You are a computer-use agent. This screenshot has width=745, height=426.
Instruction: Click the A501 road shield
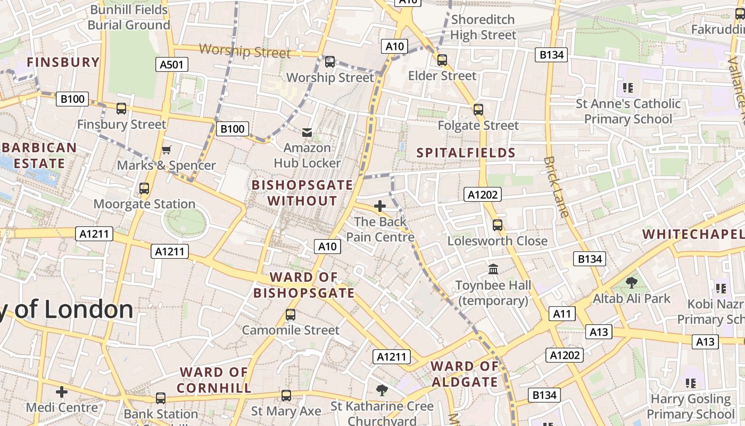(172, 65)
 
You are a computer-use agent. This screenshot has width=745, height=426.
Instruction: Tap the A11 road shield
(562, 314)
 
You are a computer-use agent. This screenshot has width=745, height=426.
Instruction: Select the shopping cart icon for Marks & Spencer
(167, 150)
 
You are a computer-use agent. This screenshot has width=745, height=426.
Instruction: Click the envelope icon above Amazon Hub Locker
(307, 132)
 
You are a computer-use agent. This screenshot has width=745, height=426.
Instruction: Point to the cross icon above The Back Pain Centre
(380, 206)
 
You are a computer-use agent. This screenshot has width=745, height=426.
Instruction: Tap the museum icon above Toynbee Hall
(493, 269)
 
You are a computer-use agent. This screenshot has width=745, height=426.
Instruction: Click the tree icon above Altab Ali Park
(632, 283)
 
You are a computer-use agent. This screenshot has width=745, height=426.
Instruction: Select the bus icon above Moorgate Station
(144, 189)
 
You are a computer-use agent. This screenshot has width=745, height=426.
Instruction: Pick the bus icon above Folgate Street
(478, 110)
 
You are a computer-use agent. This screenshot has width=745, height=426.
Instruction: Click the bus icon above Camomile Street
(291, 315)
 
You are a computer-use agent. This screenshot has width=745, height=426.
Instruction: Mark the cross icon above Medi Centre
(62, 392)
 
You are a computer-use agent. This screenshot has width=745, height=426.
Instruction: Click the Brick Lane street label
(557, 186)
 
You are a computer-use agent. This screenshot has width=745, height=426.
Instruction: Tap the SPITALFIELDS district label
(466, 153)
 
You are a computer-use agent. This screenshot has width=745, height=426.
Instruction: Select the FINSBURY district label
(63, 62)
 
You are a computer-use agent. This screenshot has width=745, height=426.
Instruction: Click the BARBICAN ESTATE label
(39, 155)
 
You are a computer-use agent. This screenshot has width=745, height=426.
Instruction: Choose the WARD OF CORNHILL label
(214, 380)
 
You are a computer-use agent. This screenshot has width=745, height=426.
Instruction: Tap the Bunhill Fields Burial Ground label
(129, 17)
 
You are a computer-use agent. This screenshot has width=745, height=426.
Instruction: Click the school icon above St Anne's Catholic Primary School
(628, 87)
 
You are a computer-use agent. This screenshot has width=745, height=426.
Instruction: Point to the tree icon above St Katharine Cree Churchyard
(382, 390)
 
